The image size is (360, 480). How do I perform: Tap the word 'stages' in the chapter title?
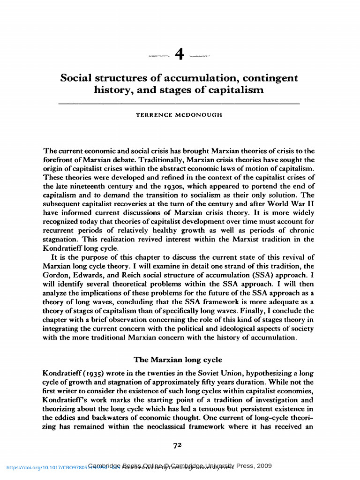tap(188, 89)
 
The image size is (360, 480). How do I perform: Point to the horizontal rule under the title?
tap(179, 103)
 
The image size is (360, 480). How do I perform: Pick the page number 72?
tap(177, 445)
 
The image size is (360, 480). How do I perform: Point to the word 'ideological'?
tap(238, 328)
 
